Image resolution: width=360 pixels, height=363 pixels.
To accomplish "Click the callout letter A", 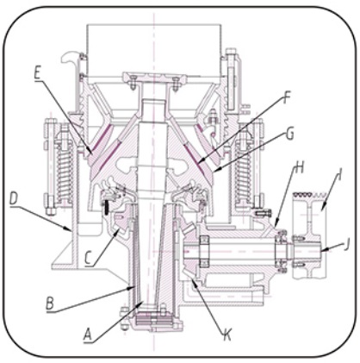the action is [88, 335].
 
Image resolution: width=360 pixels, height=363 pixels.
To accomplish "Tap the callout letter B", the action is [50, 304].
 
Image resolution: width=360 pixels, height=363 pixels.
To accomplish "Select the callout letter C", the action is [90, 258].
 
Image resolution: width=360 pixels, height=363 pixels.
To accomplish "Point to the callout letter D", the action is [14, 198].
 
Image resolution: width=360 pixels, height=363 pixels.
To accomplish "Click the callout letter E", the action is [38, 73].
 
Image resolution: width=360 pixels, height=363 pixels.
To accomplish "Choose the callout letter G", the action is [290, 134].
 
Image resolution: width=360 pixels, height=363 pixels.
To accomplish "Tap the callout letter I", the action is [339, 175].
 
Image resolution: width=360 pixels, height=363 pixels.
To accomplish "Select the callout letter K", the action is [227, 335].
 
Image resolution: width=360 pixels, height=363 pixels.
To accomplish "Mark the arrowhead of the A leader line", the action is [141, 304].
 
